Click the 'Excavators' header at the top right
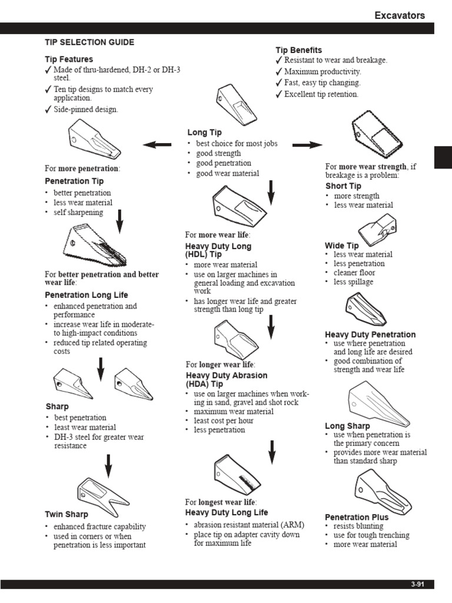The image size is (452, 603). (400, 15)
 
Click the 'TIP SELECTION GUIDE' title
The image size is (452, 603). (89, 42)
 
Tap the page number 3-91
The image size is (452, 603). (417, 584)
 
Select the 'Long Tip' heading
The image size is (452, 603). (204, 132)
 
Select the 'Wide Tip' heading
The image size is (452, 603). (341, 246)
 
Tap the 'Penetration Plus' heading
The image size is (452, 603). (357, 517)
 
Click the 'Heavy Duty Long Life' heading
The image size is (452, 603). (227, 512)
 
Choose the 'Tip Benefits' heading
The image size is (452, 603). (299, 50)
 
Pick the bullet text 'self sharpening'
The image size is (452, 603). (78, 212)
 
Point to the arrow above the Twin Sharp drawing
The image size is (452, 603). (108, 465)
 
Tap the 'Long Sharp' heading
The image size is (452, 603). (347, 426)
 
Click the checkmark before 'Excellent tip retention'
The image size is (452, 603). (279, 94)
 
